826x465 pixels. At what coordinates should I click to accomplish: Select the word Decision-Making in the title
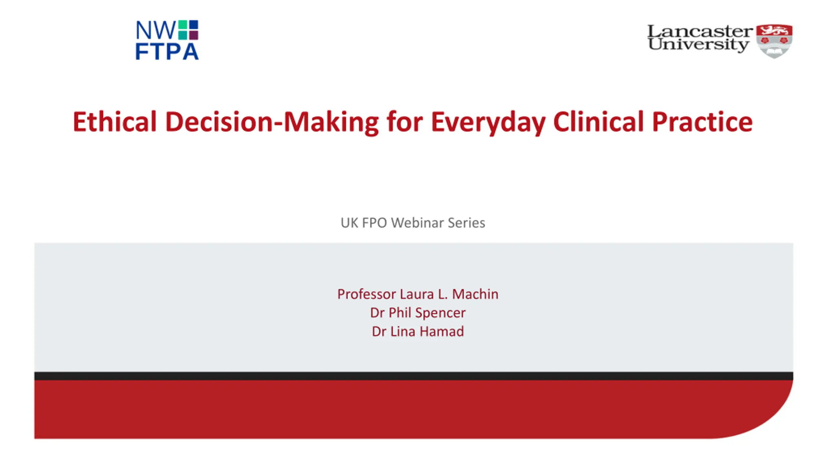coord(272,122)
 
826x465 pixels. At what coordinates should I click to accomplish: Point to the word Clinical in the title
coord(599,121)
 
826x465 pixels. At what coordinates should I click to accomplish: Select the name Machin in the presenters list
coord(475,294)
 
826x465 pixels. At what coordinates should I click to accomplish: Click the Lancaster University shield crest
coord(774,41)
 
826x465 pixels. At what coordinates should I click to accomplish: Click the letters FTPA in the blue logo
coord(167,52)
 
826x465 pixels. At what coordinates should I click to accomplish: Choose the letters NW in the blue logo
coord(156,30)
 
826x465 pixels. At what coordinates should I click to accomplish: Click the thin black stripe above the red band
coord(414,376)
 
